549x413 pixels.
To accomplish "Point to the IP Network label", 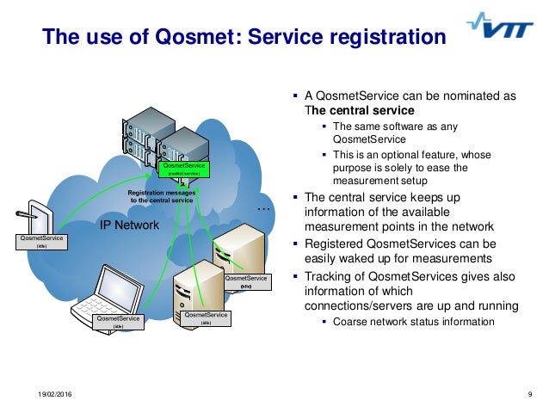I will click(130, 225).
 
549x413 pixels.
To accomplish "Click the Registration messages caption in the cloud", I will click(163, 197).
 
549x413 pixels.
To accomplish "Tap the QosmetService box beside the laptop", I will click(119, 321).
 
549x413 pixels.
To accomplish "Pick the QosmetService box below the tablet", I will click(41, 241).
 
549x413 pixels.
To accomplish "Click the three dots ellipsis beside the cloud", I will click(264, 209).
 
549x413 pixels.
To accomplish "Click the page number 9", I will click(529, 394).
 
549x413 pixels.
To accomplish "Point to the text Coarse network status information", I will click(413, 322).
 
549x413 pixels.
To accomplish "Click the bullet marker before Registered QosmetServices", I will click(298, 244).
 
